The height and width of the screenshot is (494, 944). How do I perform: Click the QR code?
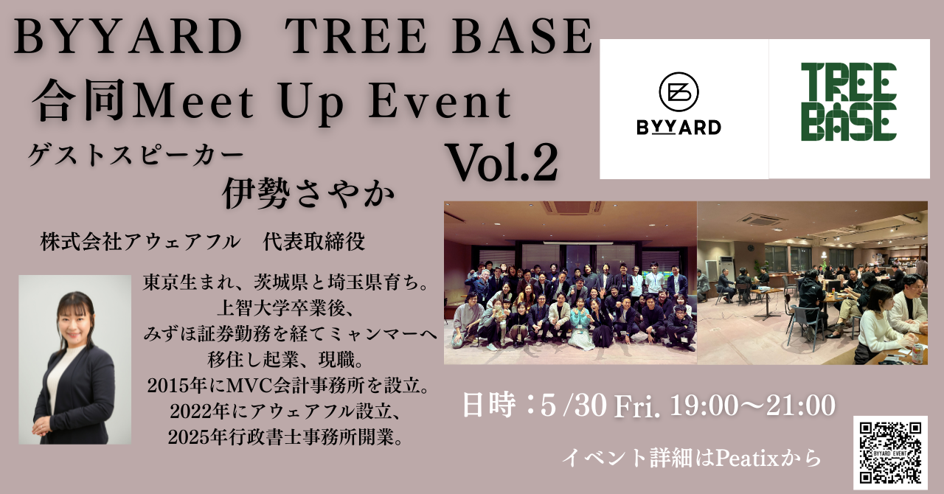click(890, 453)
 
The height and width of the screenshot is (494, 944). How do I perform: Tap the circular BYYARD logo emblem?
click(678, 93)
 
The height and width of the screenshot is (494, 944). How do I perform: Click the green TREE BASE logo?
click(849, 102)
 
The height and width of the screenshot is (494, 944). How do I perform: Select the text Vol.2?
click(502, 163)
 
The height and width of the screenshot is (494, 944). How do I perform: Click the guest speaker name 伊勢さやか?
click(308, 193)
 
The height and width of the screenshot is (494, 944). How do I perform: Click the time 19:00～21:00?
click(753, 406)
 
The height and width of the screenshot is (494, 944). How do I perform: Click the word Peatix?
click(747, 458)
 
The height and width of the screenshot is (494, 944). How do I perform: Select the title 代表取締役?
click(314, 243)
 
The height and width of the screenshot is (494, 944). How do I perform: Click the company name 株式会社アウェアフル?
click(140, 243)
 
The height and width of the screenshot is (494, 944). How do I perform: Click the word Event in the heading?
click(440, 102)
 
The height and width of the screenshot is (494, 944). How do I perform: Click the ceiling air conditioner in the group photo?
click(573, 207)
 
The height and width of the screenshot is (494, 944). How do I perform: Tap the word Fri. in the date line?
click(637, 406)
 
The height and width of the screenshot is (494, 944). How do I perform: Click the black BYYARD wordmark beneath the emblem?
click(678, 128)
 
